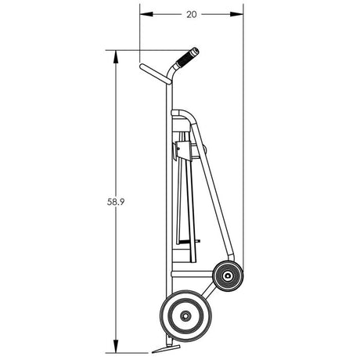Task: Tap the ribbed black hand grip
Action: (187, 57)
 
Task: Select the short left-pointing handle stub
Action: (153, 73)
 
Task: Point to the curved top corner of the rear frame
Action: (190, 118)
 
